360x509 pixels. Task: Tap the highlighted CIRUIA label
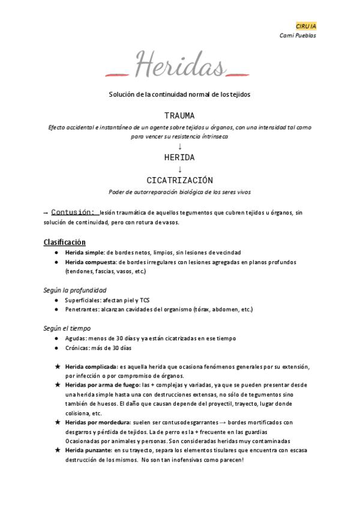pos(306,26)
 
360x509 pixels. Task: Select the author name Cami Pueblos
pos(298,35)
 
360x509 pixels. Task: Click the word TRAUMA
pos(179,115)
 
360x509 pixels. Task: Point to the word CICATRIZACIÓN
pos(179,180)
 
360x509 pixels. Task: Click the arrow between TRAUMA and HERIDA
pos(179,146)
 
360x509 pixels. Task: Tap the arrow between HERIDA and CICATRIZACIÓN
pos(179,169)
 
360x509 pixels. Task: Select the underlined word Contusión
pos(73,212)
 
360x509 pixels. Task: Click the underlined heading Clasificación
pos(64,242)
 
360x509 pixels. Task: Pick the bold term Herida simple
pos(84,253)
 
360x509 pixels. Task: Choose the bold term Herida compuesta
pos(91,262)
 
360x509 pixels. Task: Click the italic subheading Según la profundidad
pos(75,290)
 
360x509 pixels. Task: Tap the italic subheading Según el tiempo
pos(67,328)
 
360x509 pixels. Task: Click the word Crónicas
pos(78,348)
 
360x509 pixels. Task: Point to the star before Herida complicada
pos(57,366)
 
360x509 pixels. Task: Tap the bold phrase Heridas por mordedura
pos(97,422)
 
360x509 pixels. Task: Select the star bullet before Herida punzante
pos(57,450)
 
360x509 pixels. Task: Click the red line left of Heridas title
pos(118,74)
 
